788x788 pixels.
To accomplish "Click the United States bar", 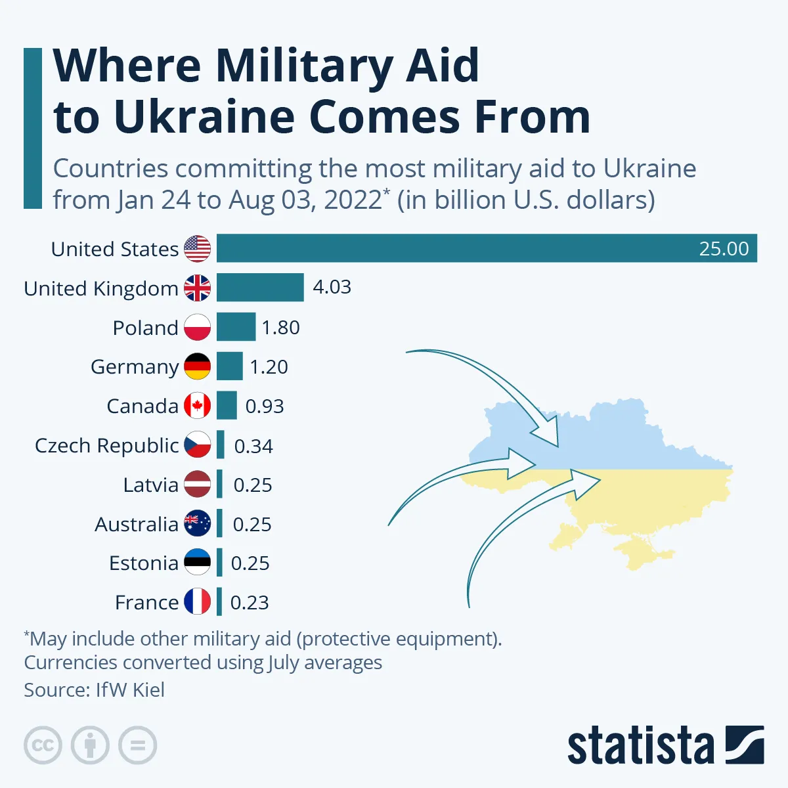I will pyautogui.click(x=486, y=248).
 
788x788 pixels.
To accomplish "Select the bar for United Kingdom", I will pyautogui.click(x=260, y=288).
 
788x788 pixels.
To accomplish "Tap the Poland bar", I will pyautogui.click(x=236, y=327).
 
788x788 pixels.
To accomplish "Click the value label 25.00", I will pyautogui.click(x=724, y=249).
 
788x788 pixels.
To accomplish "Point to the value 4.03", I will pyautogui.click(x=332, y=287).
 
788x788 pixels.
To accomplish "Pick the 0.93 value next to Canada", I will pyautogui.click(x=265, y=406).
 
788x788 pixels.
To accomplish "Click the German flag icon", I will pyautogui.click(x=197, y=366).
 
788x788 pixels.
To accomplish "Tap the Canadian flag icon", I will pyautogui.click(x=197, y=406).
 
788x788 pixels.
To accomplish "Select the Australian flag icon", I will pyautogui.click(x=197, y=523).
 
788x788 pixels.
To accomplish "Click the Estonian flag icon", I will pyautogui.click(x=197, y=563).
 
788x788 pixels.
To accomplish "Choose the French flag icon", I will pyautogui.click(x=197, y=602).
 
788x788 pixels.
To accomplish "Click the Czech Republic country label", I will pyautogui.click(x=106, y=446).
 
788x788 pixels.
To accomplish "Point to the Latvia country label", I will pyautogui.click(x=150, y=485).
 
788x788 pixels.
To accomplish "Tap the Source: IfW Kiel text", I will pyautogui.click(x=94, y=690).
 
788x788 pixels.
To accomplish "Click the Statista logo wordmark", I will pyautogui.click(x=640, y=746).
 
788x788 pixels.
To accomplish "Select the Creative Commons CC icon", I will pyautogui.click(x=43, y=745).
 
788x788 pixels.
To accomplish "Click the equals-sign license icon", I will pyautogui.click(x=137, y=745).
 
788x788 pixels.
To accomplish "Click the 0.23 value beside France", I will pyautogui.click(x=250, y=603).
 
